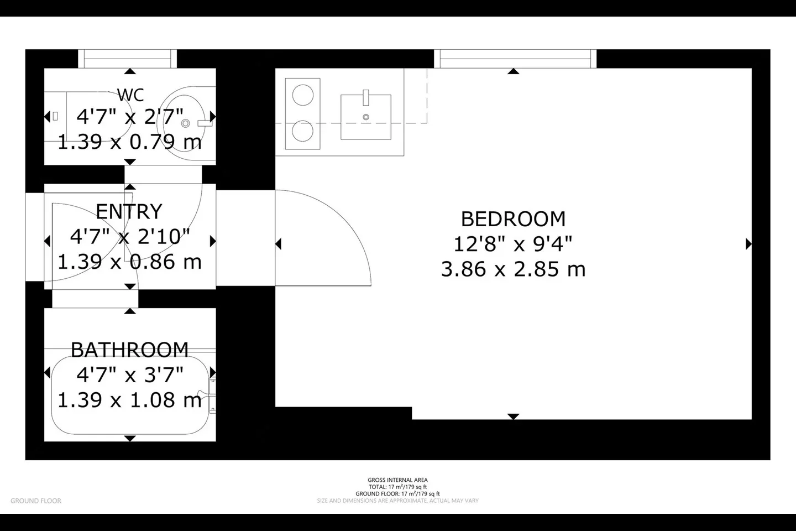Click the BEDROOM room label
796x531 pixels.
pyautogui.click(x=513, y=218)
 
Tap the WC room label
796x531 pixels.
pyautogui.click(x=130, y=95)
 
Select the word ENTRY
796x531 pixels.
pyautogui.click(x=129, y=212)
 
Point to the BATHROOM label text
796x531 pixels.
pyautogui.click(x=130, y=350)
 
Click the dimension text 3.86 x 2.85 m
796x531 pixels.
pyautogui.click(x=513, y=269)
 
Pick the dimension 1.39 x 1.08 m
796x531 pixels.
pyautogui.click(x=130, y=400)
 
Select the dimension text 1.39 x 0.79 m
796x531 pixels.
pyautogui.click(x=130, y=142)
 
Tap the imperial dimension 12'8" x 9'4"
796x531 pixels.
pyautogui.click(x=513, y=244)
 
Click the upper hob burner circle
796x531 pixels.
pyautogui.click(x=303, y=95)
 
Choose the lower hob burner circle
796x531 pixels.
pyautogui.click(x=303, y=131)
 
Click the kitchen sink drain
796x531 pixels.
pyautogui.click(x=366, y=117)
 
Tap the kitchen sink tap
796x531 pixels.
pyautogui.click(x=366, y=98)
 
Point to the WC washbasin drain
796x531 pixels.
pyautogui.click(x=186, y=123)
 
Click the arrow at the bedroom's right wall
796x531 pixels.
pyautogui.click(x=748, y=244)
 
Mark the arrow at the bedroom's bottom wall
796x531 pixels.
pyautogui.click(x=513, y=417)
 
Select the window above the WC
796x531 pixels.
pyautogui.click(x=128, y=59)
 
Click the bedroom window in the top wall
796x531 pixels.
pyautogui.click(x=515, y=59)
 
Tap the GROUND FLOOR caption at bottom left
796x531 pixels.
pyautogui.click(x=36, y=501)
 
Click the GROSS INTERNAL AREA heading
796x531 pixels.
pyautogui.click(x=397, y=480)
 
